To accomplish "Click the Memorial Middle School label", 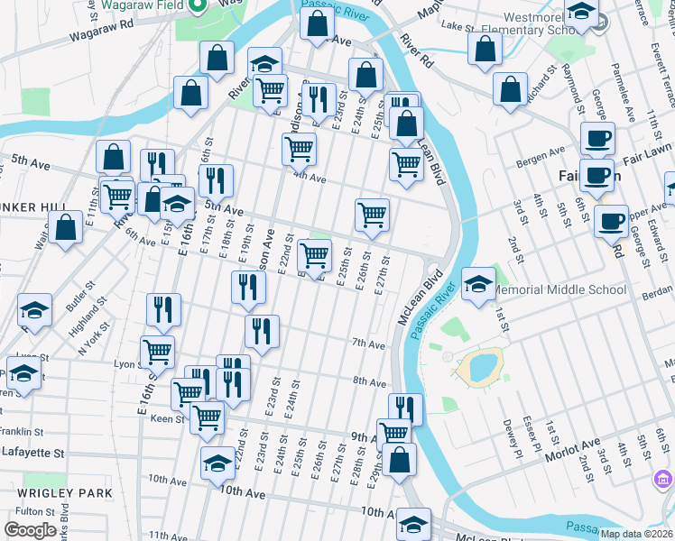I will [x=559, y=290].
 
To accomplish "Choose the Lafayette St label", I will [x=33, y=453].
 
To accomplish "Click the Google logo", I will [x=31, y=530].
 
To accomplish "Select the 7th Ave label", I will [x=368, y=344].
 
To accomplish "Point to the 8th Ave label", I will [x=369, y=382].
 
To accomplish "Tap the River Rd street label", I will [x=415, y=53].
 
